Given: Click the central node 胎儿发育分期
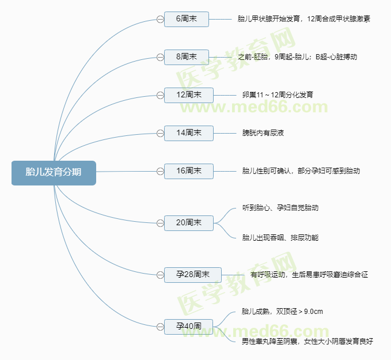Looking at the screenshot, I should click(54, 172).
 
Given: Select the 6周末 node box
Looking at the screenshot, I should click(186, 19).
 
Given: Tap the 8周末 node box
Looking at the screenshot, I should click(186, 56).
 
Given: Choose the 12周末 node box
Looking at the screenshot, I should click(188, 94).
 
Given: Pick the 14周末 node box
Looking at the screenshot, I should click(188, 133).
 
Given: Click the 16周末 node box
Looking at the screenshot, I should click(188, 171).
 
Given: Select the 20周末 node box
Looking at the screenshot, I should click(188, 222).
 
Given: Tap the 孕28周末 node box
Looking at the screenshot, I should click(192, 274).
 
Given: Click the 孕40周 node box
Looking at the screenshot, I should click(188, 326).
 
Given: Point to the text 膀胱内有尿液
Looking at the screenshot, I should click(263, 133).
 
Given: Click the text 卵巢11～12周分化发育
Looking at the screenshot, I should click(278, 94).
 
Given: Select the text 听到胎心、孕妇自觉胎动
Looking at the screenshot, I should click(280, 208).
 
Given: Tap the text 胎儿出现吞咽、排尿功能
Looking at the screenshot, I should click(280, 237).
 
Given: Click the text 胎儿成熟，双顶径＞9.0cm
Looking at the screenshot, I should click(283, 312).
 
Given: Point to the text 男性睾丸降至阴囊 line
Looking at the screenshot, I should click(308, 341).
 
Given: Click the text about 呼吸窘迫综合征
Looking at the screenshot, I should click(309, 275).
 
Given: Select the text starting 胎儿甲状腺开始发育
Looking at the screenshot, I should click(303, 19).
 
